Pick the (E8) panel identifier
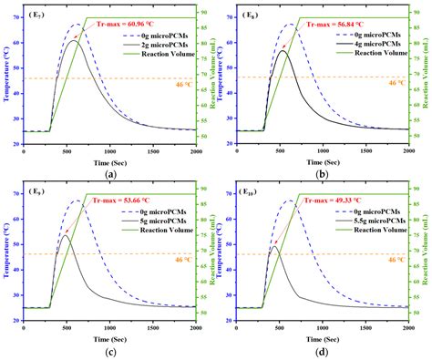pos(250,15)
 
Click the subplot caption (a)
pos(109,172)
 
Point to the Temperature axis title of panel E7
pos(6,77)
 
